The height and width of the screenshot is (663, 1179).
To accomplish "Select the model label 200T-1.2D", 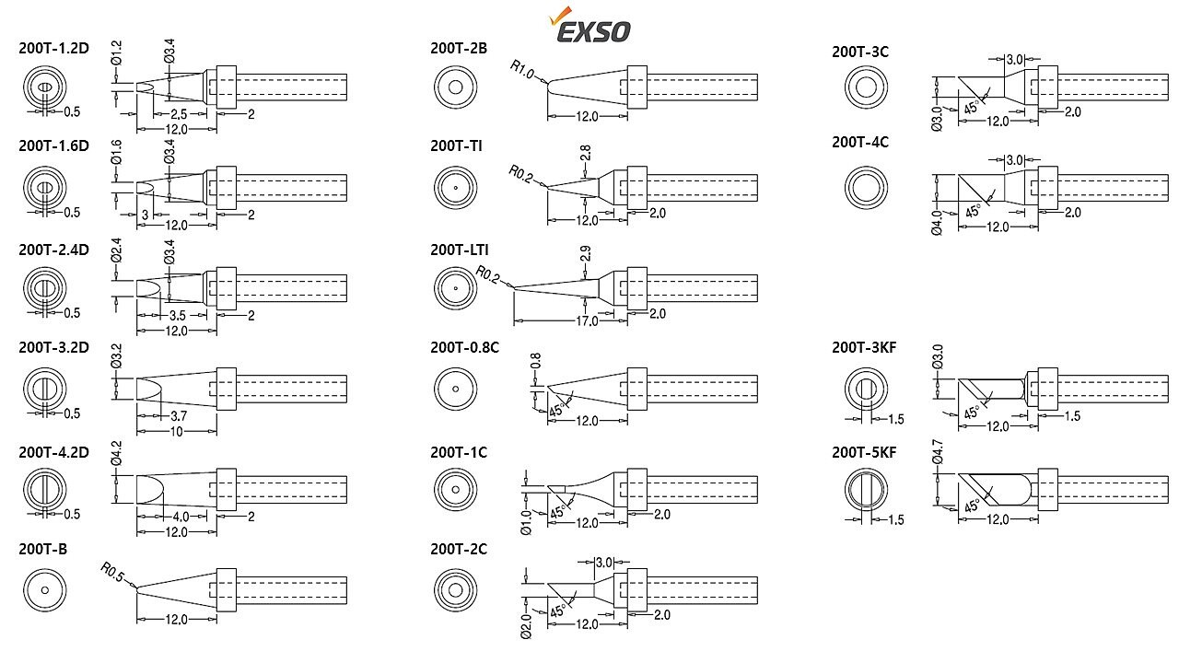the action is coord(53,48).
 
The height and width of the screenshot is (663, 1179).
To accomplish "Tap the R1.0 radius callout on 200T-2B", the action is coord(522,69).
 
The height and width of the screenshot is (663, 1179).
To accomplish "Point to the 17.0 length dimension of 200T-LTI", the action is coord(587,320).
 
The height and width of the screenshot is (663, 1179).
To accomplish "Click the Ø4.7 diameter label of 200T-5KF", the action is coord(938,452).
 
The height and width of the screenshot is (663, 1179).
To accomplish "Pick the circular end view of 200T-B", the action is coord(45,590).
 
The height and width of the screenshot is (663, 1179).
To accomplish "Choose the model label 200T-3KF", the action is coord(864,347).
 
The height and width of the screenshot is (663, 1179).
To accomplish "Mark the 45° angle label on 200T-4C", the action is coord(972,212).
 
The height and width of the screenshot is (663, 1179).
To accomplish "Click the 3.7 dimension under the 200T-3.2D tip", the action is coord(179,415).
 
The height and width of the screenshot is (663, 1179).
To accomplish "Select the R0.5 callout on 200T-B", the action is coord(112,572).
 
